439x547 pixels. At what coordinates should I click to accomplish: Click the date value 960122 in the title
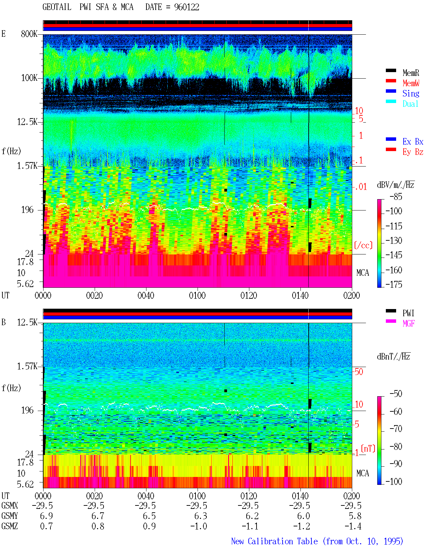(187, 7)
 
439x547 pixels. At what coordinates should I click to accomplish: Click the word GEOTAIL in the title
(57, 7)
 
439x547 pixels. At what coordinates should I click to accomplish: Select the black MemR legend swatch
(391, 70)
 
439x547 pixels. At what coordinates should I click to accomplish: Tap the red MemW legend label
(411, 83)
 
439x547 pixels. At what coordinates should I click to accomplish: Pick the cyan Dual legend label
(411, 104)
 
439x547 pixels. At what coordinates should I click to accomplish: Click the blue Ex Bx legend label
(413, 141)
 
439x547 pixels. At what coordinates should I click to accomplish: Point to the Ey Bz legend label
(413, 152)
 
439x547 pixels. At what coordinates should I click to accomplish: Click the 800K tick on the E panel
(29, 34)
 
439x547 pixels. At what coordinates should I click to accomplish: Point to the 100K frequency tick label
(29, 78)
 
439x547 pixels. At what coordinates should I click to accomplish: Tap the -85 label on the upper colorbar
(396, 196)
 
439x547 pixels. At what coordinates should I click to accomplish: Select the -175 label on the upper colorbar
(394, 284)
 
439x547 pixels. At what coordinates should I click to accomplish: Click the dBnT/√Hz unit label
(394, 356)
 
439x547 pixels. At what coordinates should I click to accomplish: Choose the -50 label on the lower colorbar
(396, 394)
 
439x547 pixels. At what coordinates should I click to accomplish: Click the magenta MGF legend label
(409, 323)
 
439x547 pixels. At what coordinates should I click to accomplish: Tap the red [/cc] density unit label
(363, 245)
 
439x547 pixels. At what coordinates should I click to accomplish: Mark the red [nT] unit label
(368, 448)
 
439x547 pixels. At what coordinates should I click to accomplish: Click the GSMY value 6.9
(46, 516)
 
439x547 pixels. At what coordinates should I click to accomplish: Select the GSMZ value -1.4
(353, 526)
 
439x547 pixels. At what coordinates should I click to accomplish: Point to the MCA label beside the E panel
(363, 273)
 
